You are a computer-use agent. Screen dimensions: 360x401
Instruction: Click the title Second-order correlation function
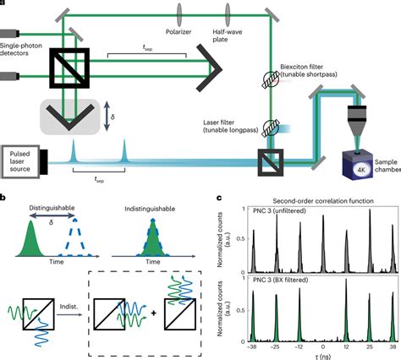point(309,200)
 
